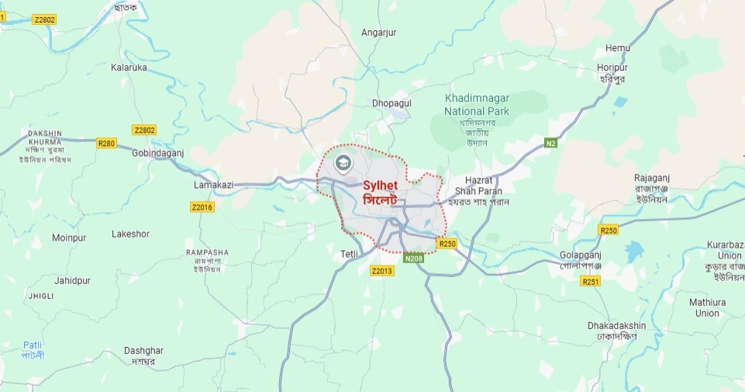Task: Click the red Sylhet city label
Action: pos(380,186)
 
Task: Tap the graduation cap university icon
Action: pos(343,163)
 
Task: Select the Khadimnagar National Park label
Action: pos(475,105)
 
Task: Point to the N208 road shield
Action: pos(414,258)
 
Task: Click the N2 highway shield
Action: pos(550,143)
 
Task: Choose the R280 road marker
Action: pos(106,143)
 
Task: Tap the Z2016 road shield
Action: pos(202,206)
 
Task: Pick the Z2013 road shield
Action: pos(382,271)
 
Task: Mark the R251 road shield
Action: pos(591,281)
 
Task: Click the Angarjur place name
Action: pos(378,33)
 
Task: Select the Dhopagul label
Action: pos(391,102)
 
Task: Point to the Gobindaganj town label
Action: pos(157,153)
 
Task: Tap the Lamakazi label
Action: pos(213,186)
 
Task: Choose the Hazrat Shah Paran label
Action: pos(478,186)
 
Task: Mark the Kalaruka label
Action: pos(129,68)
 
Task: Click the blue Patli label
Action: pos(32,345)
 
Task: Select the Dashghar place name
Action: pos(143,351)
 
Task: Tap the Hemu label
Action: pos(618,48)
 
